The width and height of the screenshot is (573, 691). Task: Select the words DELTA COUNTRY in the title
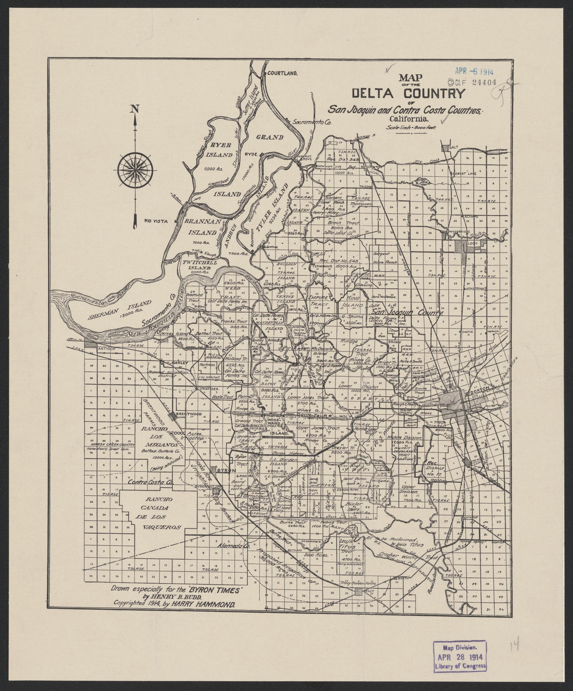(x=408, y=94)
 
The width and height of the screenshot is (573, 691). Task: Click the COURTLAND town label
(x=281, y=74)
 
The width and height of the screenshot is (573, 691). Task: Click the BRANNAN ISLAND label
(x=195, y=228)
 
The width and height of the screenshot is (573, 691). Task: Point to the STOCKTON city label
(x=480, y=389)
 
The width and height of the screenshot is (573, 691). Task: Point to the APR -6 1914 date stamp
(x=476, y=73)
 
